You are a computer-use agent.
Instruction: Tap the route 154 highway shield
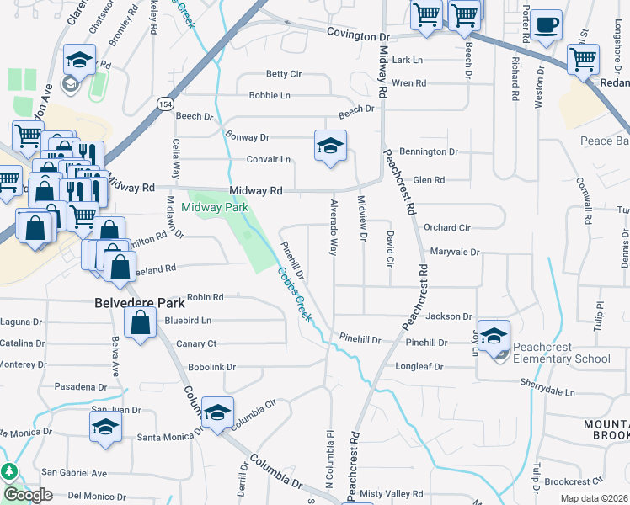tap(163, 104)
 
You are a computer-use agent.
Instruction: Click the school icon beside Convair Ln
tap(330, 145)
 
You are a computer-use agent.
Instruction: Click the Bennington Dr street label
tap(428, 152)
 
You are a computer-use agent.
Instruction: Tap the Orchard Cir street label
tap(446, 227)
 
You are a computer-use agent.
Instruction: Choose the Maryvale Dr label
tap(454, 252)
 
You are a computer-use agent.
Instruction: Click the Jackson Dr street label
tap(448, 316)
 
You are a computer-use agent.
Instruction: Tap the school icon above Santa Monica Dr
tap(105, 425)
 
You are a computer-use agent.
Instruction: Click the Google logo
tap(28, 495)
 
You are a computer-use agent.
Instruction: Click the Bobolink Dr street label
tap(211, 368)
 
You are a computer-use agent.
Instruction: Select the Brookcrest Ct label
tap(574, 481)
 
